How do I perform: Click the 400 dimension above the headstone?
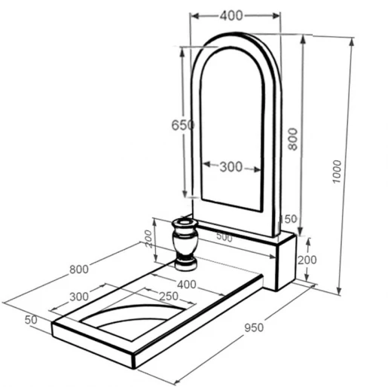(x=231, y=16)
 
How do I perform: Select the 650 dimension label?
(x=183, y=125)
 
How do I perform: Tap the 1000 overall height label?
(x=337, y=172)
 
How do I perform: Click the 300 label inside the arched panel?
(x=231, y=166)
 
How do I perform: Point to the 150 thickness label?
(x=289, y=219)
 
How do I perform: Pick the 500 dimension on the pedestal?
(x=225, y=237)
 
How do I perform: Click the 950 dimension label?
(x=254, y=328)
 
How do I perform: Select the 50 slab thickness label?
(x=31, y=320)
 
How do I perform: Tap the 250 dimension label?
(x=169, y=296)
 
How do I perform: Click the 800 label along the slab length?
(x=79, y=270)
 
